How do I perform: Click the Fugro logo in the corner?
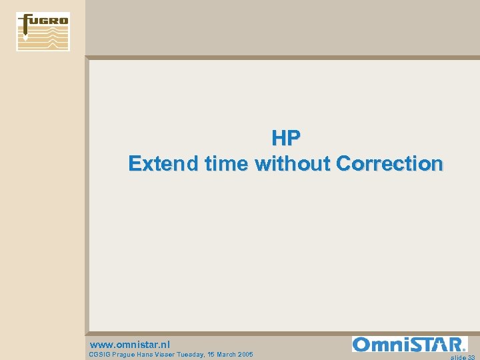tap(43, 31)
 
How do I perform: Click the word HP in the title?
tap(286, 138)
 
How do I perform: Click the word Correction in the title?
tap(389, 163)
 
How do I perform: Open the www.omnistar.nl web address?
tap(129, 344)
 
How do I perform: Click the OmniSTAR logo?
tap(409, 344)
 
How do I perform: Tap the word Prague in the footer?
tap(125, 355)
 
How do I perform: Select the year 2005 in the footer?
tap(246, 355)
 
